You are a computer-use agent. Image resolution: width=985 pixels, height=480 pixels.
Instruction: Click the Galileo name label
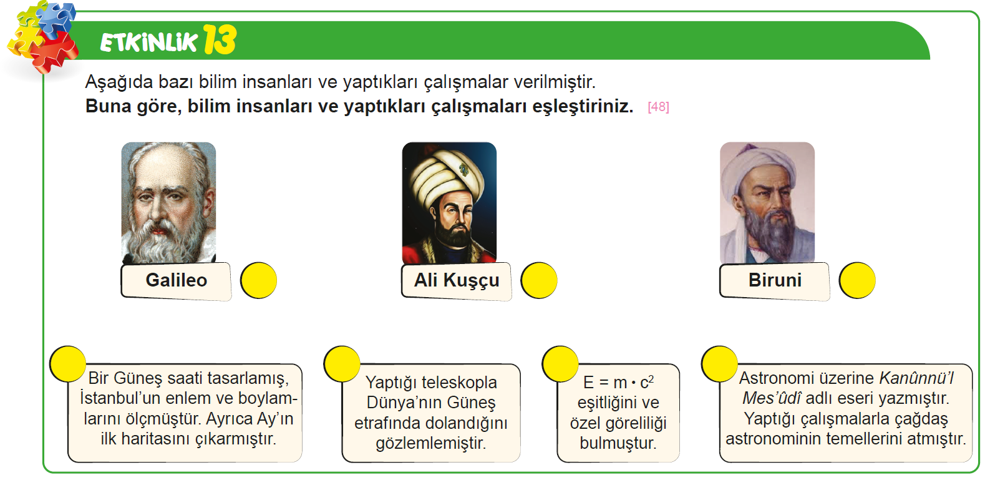click(176, 281)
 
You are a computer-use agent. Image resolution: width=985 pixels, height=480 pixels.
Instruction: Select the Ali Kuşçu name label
click(457, 281)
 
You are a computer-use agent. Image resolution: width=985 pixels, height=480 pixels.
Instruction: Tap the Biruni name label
click(775, 281)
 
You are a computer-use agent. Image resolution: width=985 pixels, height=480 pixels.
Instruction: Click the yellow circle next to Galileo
click(258, 280)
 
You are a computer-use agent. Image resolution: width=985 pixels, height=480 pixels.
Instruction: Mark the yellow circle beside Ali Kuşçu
click(539, 280)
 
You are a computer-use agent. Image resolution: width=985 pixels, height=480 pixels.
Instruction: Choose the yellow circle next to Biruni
click(857, 280)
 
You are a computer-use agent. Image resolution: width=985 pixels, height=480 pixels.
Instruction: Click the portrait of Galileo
click(168, 202)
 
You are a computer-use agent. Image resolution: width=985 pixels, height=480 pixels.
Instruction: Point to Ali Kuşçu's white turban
click(444, 175)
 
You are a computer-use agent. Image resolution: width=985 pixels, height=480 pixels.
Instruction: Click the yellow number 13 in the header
click(220, 39)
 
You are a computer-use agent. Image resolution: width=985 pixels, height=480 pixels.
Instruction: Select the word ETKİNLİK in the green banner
click(148, 42)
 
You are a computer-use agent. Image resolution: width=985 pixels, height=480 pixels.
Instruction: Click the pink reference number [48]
click(658, 107)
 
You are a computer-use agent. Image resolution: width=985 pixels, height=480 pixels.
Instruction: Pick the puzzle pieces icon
click(42, 37)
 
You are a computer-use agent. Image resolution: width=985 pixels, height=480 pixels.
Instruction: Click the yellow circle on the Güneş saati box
click(68, 364)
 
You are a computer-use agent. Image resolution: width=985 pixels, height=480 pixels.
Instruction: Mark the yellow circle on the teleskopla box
click(342, 364)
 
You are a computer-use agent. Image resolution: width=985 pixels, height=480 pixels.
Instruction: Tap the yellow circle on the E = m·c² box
click(560, 364)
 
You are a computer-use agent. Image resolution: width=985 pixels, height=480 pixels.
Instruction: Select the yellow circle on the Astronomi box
click(719, 364)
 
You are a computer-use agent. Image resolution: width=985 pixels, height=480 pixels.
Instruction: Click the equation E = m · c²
click(618, 383)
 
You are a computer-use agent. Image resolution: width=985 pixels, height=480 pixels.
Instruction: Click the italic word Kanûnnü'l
click(916, 378)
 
